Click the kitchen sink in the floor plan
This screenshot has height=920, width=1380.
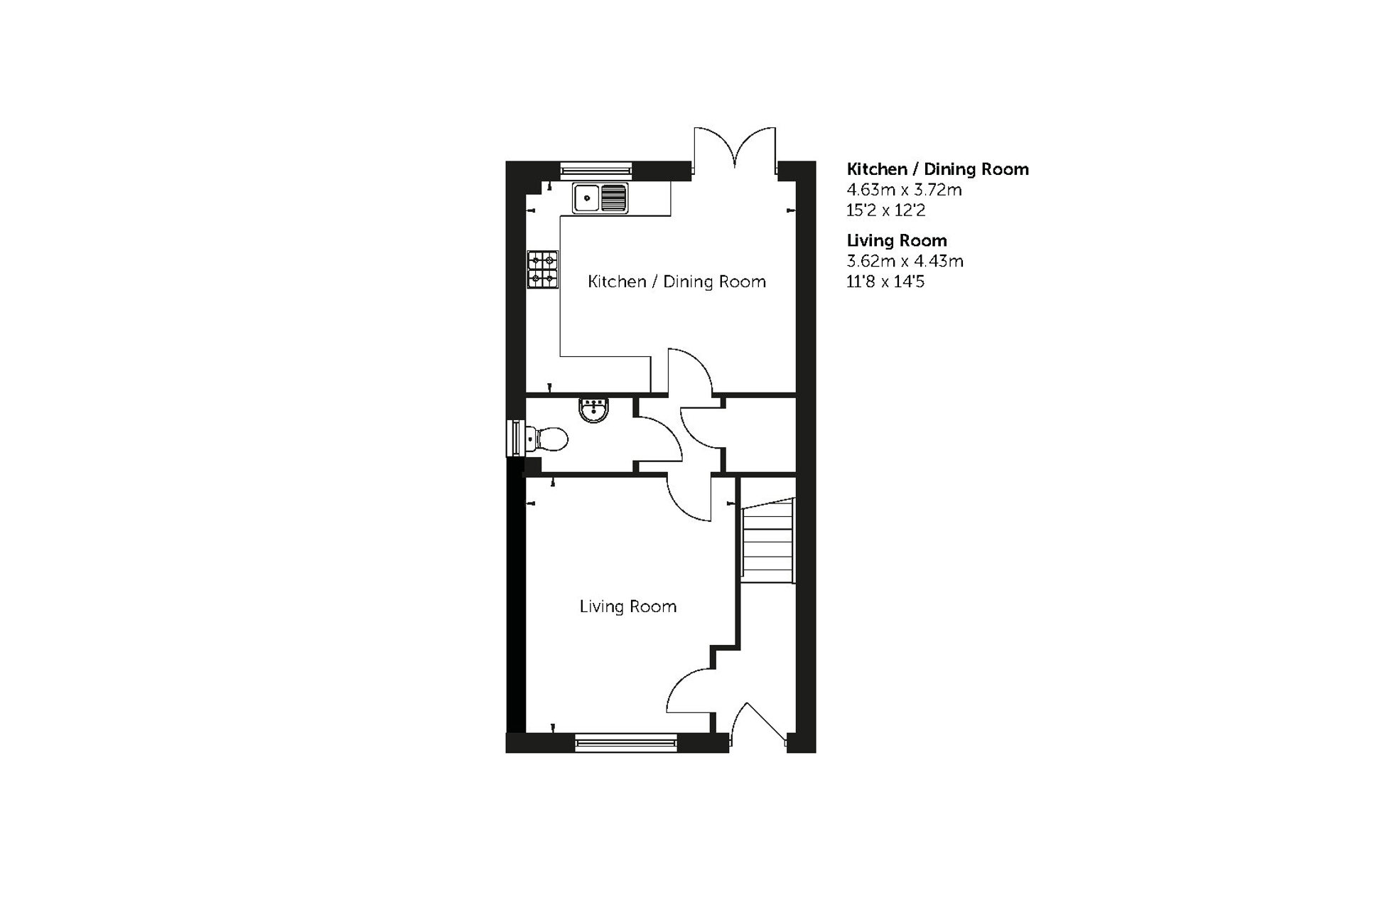[x=600, y=198]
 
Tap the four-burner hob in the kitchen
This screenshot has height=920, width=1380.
[x=542, y=269]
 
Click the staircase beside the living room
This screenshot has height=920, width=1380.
[x=767, y=540]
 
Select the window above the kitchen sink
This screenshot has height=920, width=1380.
[x=595, y=169]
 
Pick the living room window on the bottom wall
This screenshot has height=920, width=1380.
[x=626, y=743]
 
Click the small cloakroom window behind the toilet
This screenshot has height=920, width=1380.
[x=514, y=439]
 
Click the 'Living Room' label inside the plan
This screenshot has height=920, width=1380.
[x=627, y=606]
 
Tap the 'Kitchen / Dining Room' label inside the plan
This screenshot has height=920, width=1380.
[x=676, y=282]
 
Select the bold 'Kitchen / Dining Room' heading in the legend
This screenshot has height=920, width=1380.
[x=937, y=169]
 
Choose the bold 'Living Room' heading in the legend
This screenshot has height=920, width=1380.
[x=896, y=240]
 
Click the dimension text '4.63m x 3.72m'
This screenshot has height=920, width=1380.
[x=904, y=190]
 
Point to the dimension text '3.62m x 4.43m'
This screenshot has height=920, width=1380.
[x=905, y=261]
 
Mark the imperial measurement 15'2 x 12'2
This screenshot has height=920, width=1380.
[x=885, y=210]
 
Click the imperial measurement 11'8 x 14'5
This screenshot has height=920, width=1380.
[x=885, y=282]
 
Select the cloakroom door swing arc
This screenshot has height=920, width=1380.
[x=657, y=441]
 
